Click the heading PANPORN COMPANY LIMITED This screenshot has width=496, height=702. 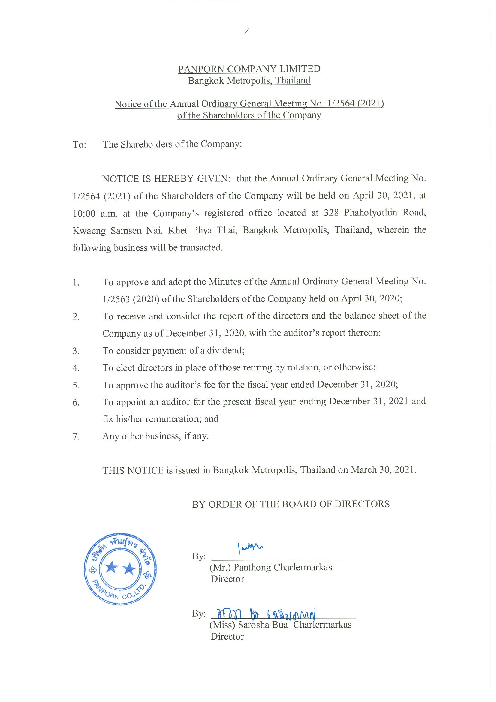coord(249,69)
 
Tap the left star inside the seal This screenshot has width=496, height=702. coord(112,568)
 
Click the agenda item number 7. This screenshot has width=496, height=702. coord(76,437)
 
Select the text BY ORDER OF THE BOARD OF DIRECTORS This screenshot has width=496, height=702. coord(291,504)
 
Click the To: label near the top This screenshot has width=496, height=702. coord(79,145)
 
